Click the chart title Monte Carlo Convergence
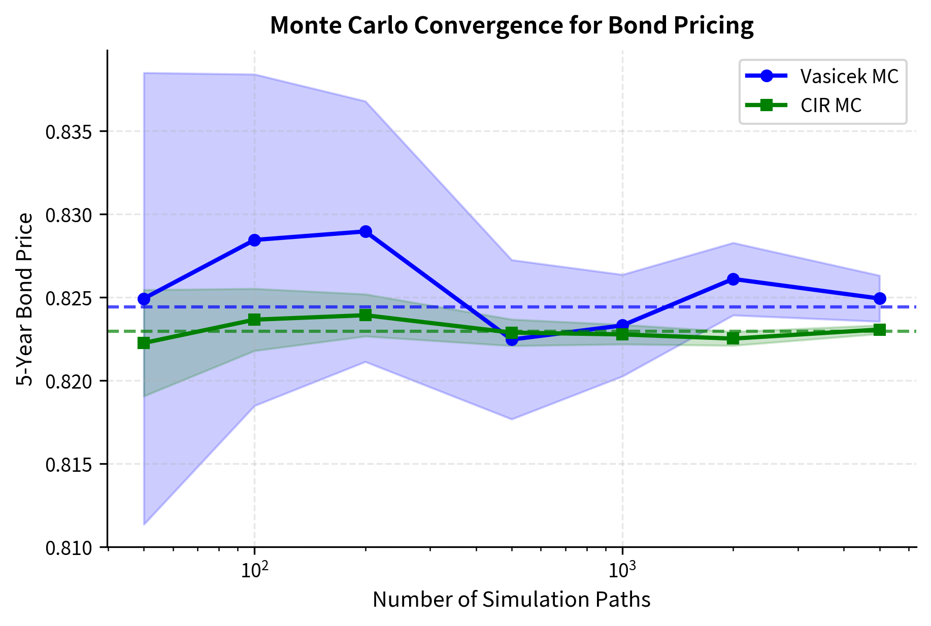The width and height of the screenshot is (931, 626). (511, 26)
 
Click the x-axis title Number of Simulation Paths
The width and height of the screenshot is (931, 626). (511, 600)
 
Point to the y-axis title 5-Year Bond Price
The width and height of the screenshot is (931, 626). (25, 299)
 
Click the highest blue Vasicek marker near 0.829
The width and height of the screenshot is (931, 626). (365, 232)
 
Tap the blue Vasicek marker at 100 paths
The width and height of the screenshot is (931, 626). (254, 240)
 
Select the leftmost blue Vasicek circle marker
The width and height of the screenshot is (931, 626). (144, 299)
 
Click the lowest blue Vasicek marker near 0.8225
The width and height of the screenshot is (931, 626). (512, 339)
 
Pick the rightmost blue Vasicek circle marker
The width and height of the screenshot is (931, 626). (880, 299)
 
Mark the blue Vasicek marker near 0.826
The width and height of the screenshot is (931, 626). (733, 279)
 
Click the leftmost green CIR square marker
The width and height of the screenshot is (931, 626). (144, 343)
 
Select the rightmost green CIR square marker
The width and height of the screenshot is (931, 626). (880, 330)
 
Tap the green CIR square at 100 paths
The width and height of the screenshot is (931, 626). (254, 320)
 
